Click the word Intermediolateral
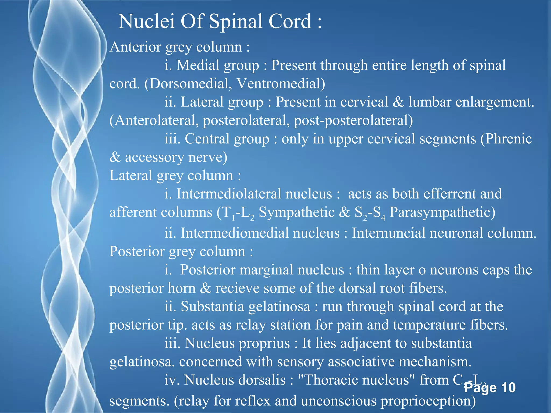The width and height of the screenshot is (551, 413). (x=254, y=194)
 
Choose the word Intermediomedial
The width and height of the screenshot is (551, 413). (x=260, y=233)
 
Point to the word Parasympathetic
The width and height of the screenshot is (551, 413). (x=442, y=212)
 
